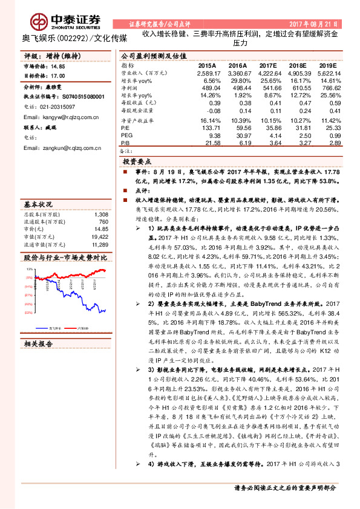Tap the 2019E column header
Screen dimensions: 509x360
point(327,64)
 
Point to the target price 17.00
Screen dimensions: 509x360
point(58,76)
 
